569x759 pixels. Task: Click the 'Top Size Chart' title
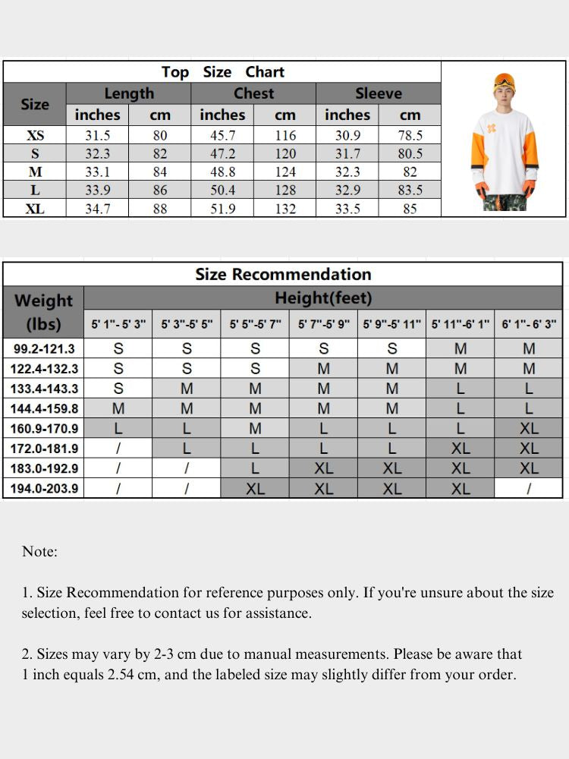point(222,72)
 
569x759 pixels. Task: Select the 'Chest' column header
point(253,93)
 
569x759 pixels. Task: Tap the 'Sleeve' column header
point(378,93)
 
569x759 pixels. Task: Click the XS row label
point(35,136)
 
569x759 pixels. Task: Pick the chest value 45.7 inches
point(222,136)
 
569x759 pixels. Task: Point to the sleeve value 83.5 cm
point(410,191)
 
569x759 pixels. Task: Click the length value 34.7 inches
point(97,209)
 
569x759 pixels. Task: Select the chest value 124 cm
point(285,172)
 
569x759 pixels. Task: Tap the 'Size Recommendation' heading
point(283,274)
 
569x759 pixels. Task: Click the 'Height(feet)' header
point(323,298)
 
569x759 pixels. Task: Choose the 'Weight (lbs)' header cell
point(44,311)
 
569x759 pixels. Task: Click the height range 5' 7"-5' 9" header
point(324,324)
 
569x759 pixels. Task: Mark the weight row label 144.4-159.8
point(44,408)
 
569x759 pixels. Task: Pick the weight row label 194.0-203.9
point(44,488)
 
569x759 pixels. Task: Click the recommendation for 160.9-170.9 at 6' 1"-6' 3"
point(529,429)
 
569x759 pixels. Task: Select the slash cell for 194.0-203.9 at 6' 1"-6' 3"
point(529,489)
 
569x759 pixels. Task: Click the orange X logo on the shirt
point(492,128)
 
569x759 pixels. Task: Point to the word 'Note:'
point(39,552)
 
